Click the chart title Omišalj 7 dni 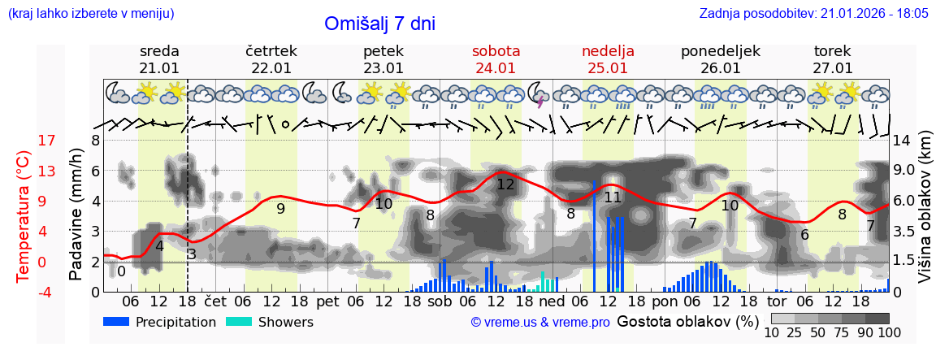point(379,24)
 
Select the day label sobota point(496,51)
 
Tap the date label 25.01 point(608,68)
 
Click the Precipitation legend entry point(160,322)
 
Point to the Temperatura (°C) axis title point(23,216)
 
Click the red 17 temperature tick point(24,141)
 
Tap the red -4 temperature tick point(24,292)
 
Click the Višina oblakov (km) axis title point(925,216)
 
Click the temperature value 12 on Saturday point(505,184)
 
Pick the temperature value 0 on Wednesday point(121,271)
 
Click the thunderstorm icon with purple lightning point(537,95)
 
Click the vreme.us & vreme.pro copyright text point(540,322)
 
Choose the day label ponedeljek point(720,51)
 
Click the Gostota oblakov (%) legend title point(682,321)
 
